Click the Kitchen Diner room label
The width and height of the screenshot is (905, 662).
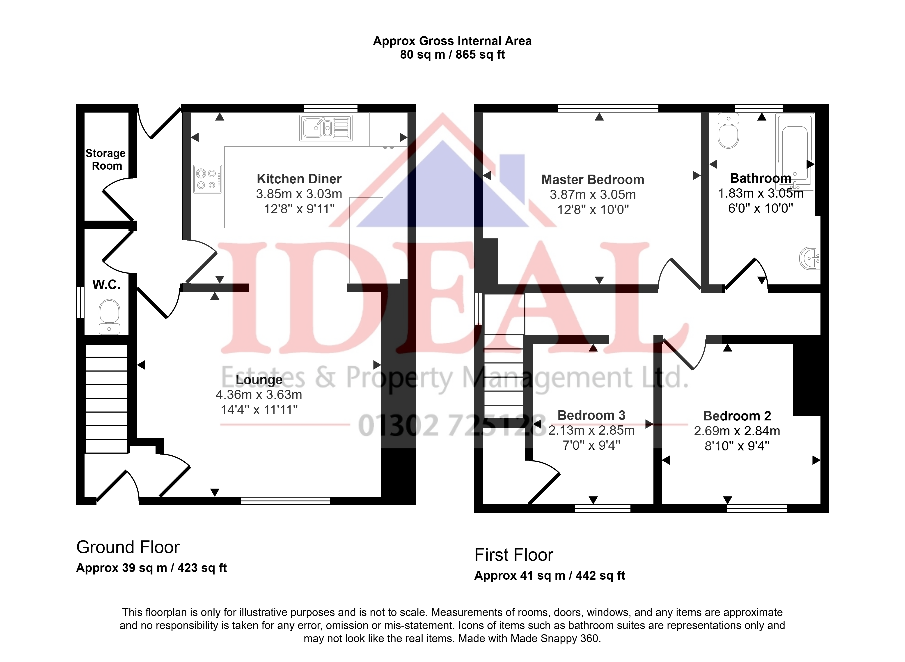(x=299, y=179)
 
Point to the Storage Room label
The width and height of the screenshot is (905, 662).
(x=106, y=159)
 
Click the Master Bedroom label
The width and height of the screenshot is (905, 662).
(x=593, y=180)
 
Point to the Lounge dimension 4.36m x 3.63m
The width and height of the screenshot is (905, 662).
(x=259, y=395)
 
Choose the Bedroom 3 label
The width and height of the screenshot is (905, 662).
(x=591, y=415)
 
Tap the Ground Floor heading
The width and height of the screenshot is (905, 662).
(x=128, y=547)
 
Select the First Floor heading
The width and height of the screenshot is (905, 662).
(x=514, y=555)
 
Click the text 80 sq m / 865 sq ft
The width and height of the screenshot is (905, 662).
(x=453, y=55)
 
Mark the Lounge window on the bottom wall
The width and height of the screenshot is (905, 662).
(x=286, y=501)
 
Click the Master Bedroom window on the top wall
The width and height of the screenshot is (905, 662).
(x=608, y=108)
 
